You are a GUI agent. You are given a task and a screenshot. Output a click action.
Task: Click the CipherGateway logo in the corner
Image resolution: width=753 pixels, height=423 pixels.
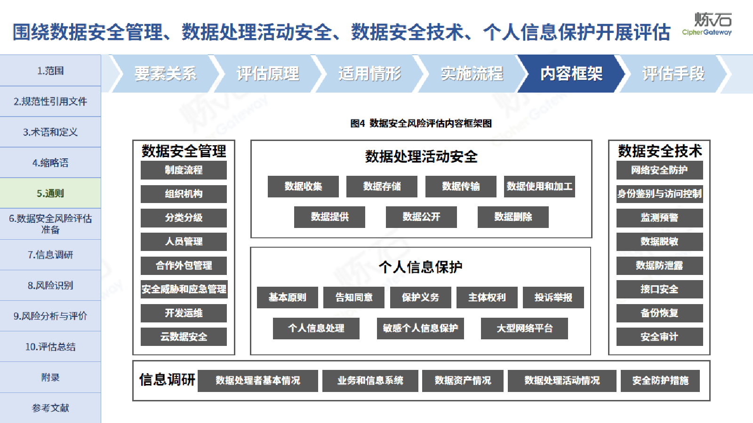pos(707,24)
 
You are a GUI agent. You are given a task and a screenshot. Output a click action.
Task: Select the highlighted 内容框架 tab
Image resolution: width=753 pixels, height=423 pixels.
pos(571,73)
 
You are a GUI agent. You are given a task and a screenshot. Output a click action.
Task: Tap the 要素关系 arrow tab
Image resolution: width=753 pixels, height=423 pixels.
pos(165,73)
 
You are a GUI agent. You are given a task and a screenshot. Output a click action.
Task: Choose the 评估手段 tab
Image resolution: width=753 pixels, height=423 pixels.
pos(673,73)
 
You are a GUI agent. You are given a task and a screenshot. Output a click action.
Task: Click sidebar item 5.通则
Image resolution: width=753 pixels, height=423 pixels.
pos(50,193)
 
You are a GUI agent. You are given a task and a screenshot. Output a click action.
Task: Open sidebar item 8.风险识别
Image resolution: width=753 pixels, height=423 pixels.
pos(50,285)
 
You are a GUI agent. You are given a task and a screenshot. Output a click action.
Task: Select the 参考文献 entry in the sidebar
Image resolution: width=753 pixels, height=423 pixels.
pos(50,408)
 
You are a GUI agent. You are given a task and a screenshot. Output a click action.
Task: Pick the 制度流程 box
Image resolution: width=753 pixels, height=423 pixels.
pos(184,170)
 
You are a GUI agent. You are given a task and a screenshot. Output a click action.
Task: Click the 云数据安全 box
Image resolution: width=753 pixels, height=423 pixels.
pos(184,337)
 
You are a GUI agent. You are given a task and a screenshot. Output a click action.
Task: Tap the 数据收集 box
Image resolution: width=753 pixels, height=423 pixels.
pos(303,186)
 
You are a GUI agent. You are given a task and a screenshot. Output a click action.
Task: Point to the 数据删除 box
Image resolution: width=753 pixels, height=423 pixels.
pos(513,217)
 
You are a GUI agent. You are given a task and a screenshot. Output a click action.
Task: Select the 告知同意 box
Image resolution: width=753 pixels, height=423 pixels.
pos(353,298)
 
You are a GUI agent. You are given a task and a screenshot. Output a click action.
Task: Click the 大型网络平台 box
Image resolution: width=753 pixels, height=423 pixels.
pos(524,329)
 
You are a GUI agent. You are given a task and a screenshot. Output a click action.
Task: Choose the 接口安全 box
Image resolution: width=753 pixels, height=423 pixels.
pos(659,289)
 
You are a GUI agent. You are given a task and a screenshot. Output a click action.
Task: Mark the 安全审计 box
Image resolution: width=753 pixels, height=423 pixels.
pos(659,337)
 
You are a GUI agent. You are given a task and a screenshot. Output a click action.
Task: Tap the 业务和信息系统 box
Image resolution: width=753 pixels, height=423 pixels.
pos(370,381)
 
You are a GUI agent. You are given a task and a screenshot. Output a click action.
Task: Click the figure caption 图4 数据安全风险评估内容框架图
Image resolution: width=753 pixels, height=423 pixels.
pos(421,124)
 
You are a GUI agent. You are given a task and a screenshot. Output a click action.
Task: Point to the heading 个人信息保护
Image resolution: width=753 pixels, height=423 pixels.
pos(421,267)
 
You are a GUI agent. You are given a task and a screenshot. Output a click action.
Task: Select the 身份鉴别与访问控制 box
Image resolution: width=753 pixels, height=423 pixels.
pos(659,194)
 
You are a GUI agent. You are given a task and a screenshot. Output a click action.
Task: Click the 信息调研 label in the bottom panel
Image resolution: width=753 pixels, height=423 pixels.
pos(167,380)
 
